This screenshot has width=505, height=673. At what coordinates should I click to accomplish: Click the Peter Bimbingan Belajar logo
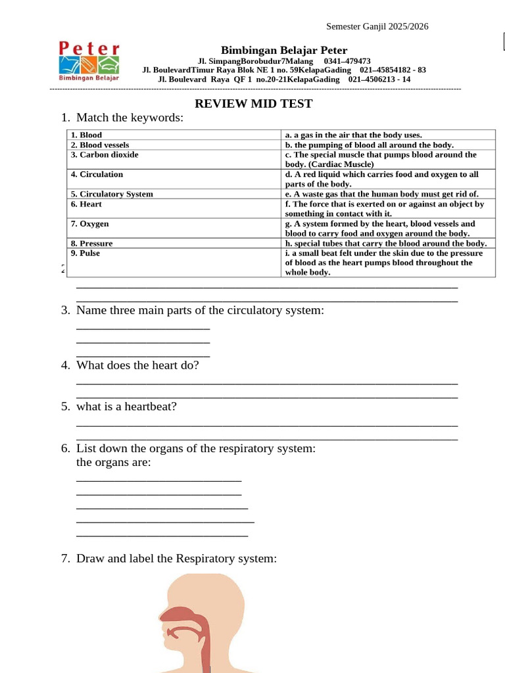point(89,61)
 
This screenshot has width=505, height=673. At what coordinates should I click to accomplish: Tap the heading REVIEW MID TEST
point(253,104)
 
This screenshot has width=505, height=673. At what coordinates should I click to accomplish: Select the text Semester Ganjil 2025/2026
point(377,26)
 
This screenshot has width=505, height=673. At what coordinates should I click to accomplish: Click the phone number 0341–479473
point(347,61)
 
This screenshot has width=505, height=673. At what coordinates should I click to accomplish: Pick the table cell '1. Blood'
point(87,135)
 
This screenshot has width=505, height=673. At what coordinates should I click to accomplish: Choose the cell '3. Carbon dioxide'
point(105,155)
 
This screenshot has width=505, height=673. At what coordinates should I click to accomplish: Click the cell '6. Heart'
point(87,204)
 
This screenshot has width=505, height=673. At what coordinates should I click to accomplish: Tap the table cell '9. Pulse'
point(85,253)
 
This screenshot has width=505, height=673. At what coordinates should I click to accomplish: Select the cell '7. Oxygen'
point(90,224)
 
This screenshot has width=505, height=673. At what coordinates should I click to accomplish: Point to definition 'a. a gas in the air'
point(353,135)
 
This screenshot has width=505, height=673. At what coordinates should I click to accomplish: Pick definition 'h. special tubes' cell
point(385,243)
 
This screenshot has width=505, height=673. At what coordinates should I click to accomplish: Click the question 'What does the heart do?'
point(137,365)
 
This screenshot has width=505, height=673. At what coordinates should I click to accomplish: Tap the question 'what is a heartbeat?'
point(126,407)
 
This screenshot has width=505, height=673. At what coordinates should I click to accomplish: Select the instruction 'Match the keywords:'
point(130,118)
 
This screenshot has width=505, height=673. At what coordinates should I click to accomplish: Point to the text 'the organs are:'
point(114,462)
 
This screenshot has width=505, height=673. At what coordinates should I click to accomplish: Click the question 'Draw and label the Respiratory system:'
point(176,559)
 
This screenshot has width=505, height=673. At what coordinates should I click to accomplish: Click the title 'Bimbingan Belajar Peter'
point(284,51)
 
